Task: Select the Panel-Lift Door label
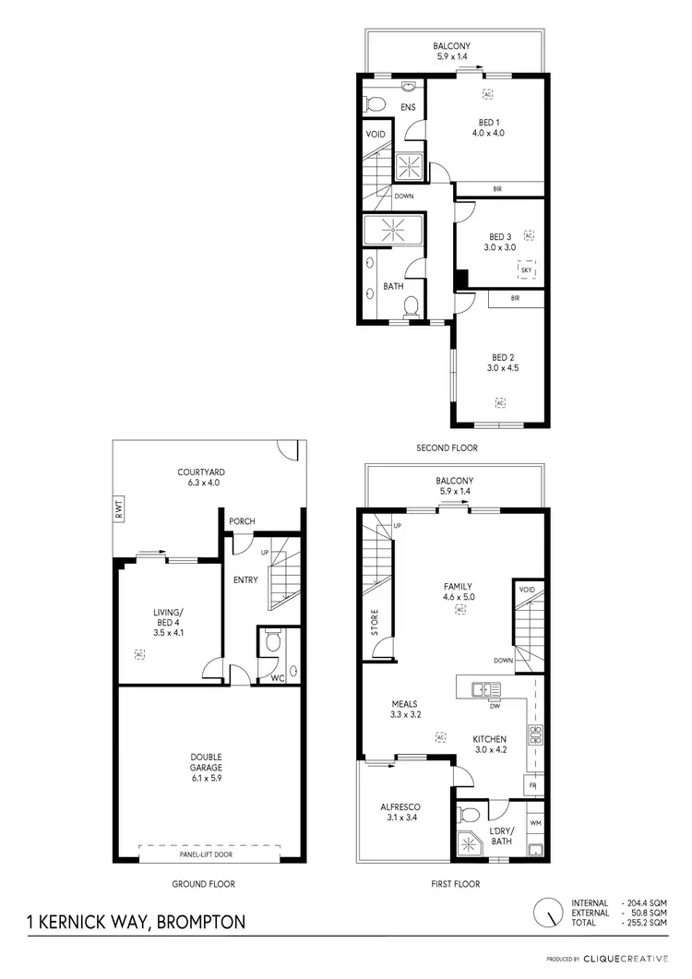click(x=210, y=854)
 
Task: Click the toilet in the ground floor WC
click(x=271, y=640)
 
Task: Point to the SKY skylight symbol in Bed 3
click(x=527, y=269)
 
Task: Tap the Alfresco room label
click(x=400, y=812)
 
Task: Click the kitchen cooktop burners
click(x=533, y=734)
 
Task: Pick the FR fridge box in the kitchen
click(x=532, y=784)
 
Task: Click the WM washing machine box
click(x=534, y=821)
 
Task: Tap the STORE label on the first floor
click(x=376, y=625)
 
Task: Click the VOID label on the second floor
click(x=376, y=134)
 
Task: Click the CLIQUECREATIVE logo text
click(x=634, y=960)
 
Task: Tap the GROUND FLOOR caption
click(x=203, y=884)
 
